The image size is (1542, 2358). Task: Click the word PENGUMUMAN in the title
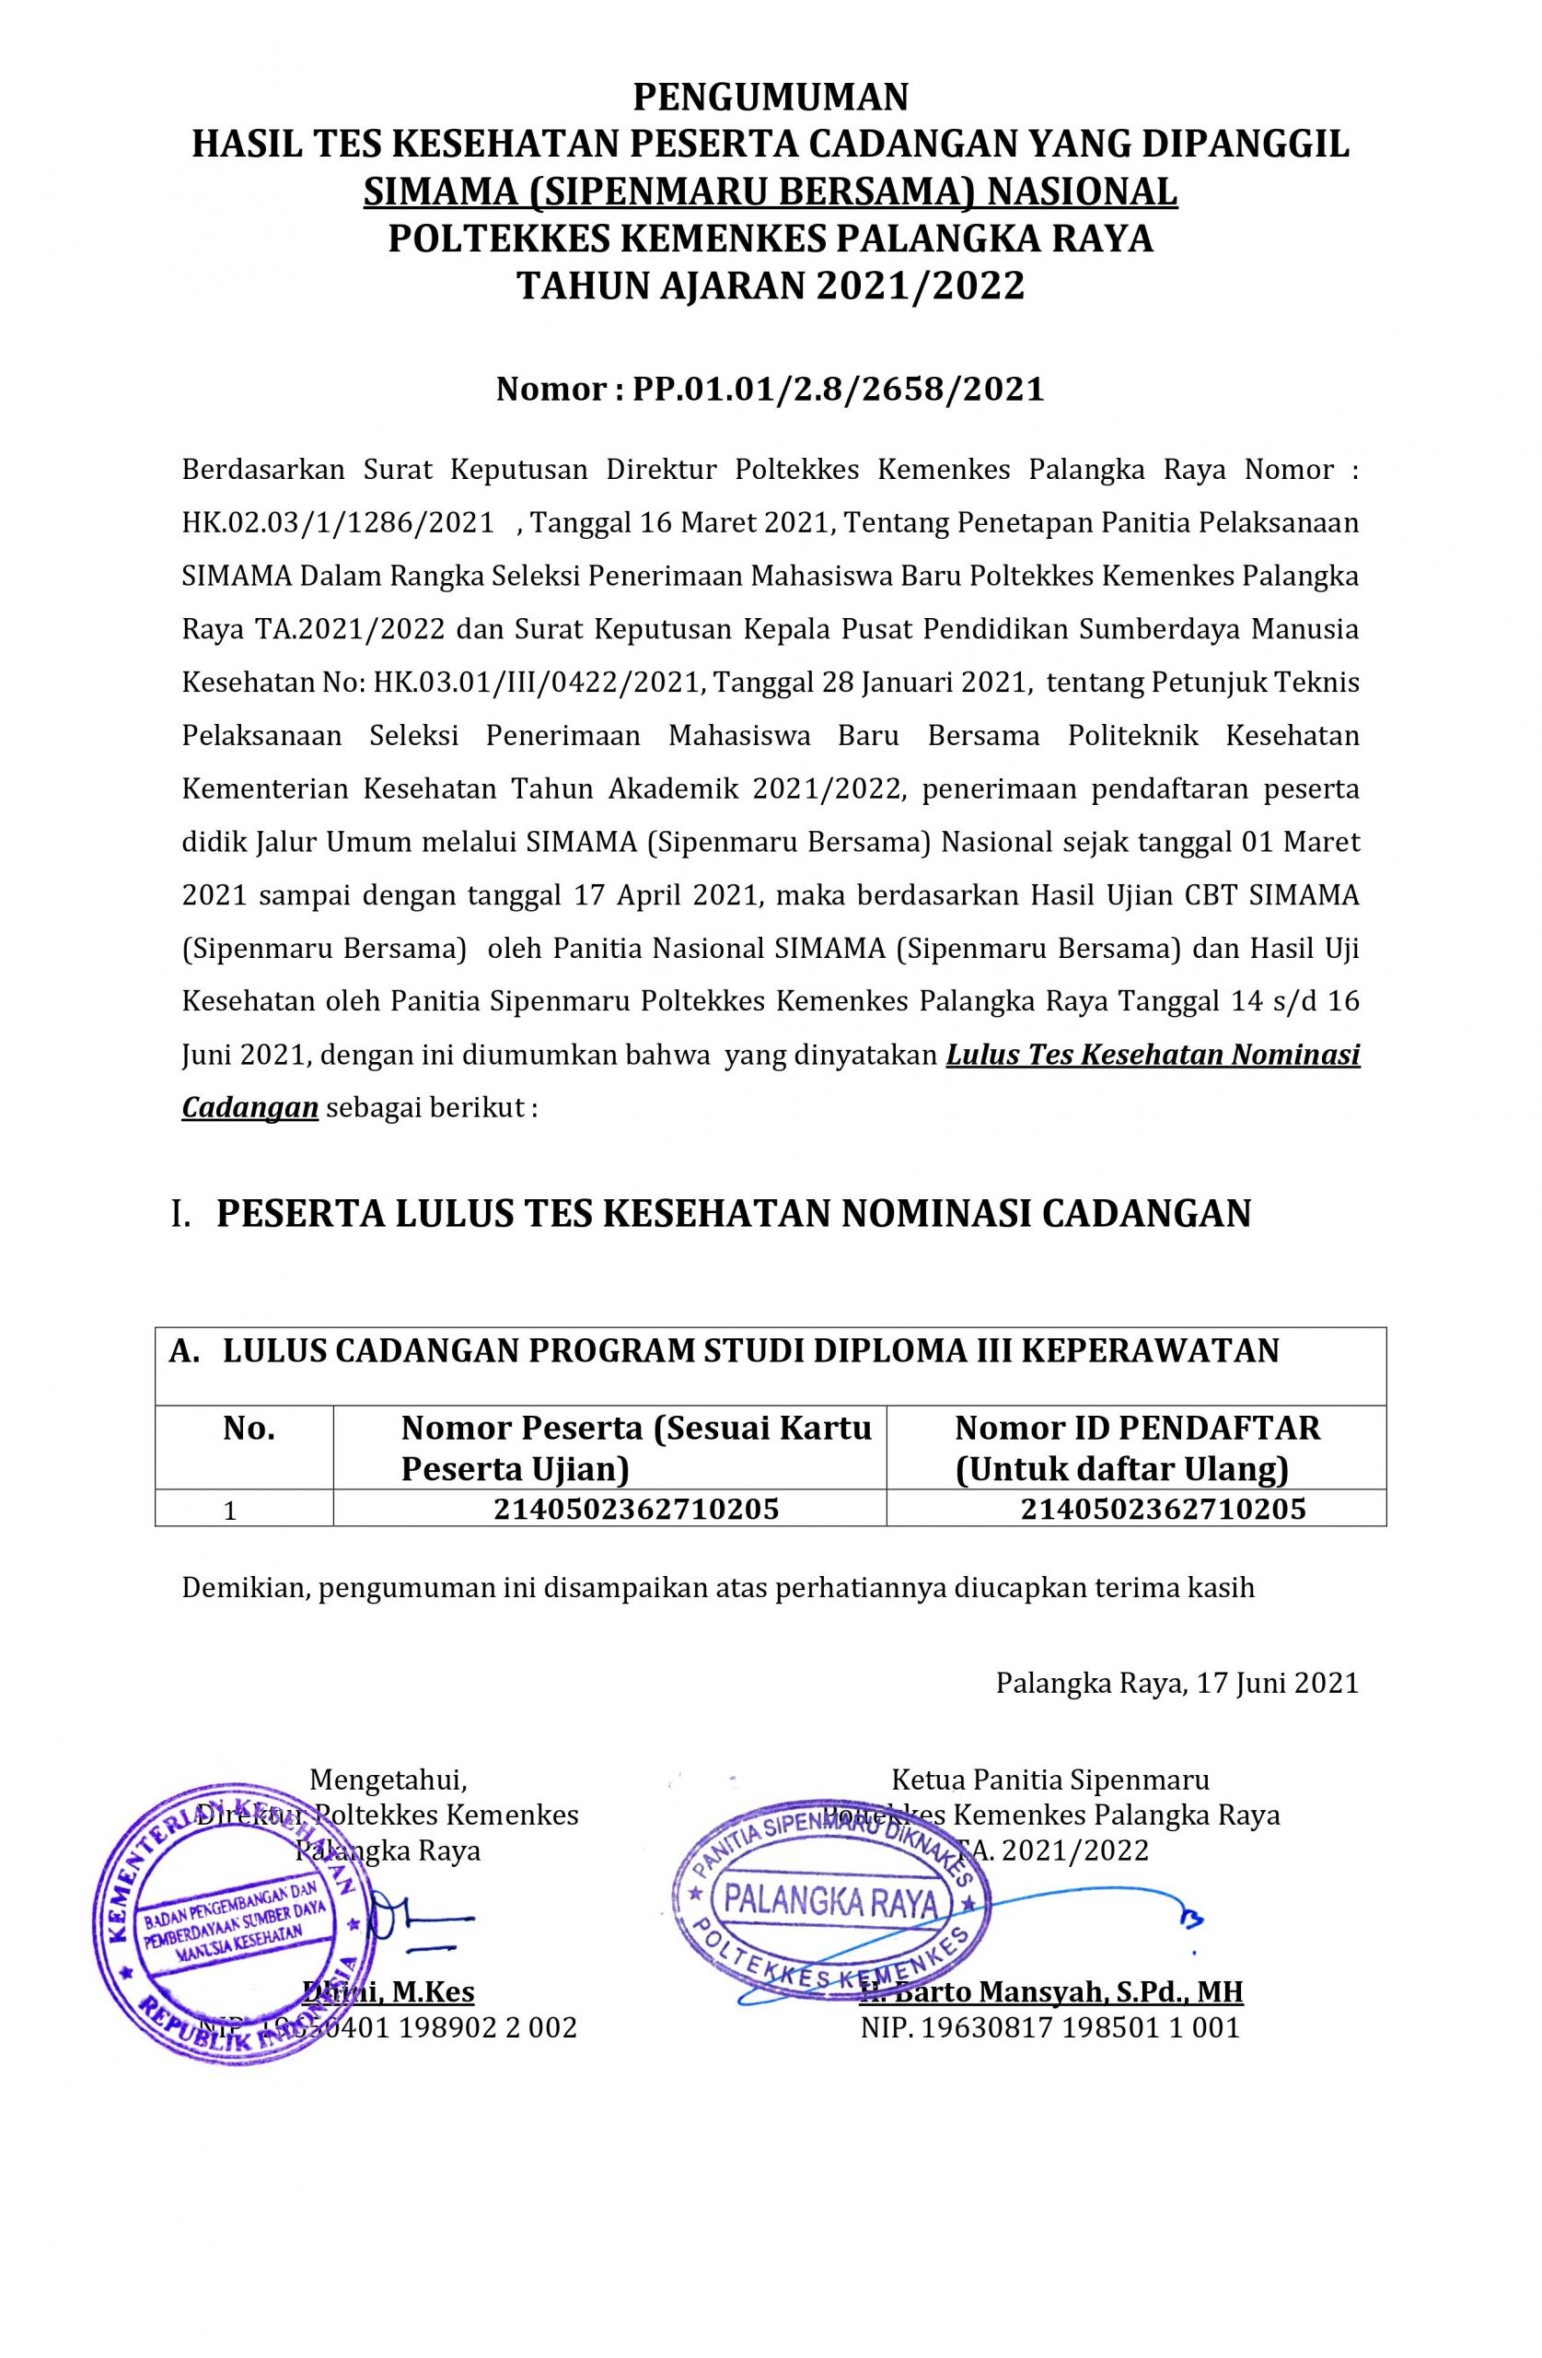(x=771, y=97)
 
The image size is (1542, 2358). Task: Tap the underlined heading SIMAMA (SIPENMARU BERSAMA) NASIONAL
(x=771, y=193)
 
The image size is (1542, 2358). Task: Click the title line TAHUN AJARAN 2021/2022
(x=771, y=286)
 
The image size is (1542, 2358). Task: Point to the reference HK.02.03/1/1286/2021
(x=338, y=522)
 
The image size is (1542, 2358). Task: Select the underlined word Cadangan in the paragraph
(x=249, y=1106)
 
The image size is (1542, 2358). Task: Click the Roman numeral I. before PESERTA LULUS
(x=180, y=1214)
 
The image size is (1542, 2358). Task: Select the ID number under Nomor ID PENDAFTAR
(x=1163, y=1509)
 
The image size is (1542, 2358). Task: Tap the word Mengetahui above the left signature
(x=388, y=1780)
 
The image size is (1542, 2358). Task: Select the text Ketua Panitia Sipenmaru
(x=1049, y=1780)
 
